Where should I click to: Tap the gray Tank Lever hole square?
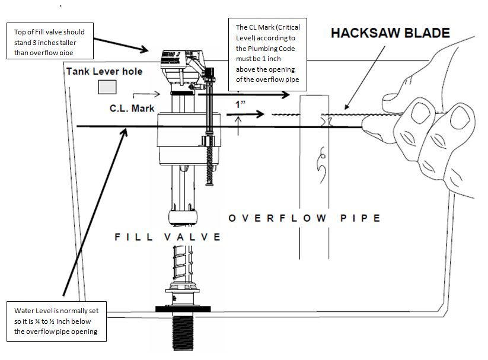tap(107, 87)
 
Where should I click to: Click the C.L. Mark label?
tap(132, 109)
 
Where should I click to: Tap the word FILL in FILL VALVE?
tap(133, 237)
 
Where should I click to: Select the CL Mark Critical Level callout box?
tap(267, 53)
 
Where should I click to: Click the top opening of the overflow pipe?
tap(312, 96)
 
